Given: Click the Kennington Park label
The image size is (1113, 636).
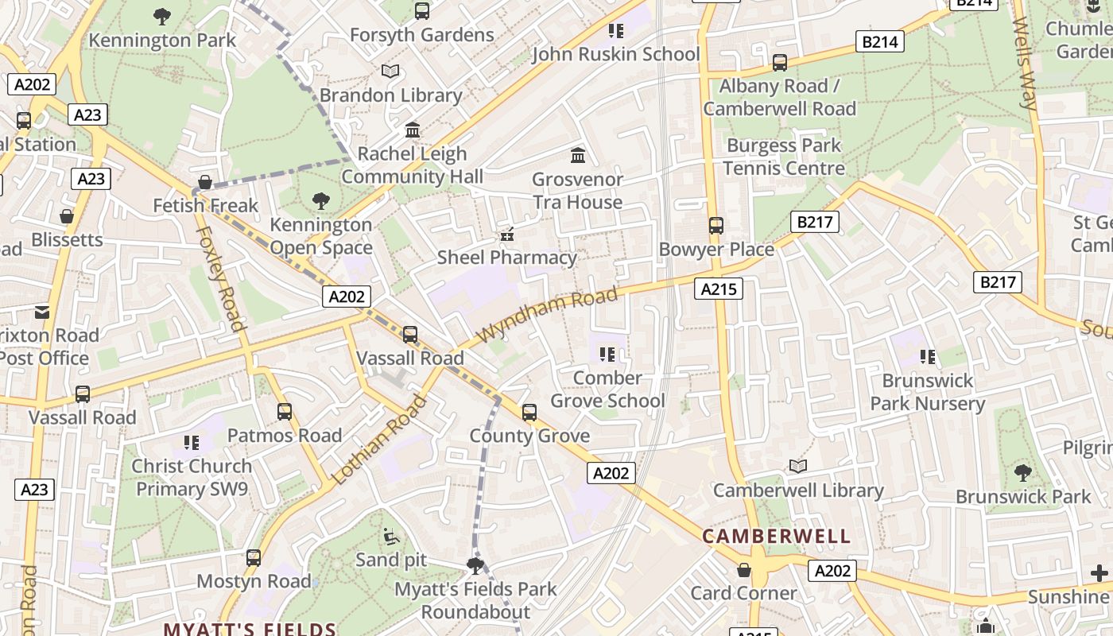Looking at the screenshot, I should (162, 40).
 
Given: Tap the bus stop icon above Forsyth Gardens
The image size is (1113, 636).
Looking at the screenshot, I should (422, 11).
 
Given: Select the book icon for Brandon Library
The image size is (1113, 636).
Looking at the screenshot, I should (390, 72).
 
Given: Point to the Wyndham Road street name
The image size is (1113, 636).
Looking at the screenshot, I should (549, 315).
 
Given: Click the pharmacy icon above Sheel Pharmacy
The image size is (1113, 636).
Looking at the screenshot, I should (506, 235).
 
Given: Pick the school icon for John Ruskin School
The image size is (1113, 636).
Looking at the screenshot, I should (616, 31).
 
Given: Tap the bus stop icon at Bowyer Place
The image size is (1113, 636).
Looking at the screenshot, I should (716, 226).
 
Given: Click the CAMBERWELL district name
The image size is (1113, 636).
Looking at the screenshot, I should (777, 537).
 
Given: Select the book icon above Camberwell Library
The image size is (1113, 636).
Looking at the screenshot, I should (798, 467).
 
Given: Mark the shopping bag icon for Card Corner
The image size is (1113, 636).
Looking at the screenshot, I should (744, 570).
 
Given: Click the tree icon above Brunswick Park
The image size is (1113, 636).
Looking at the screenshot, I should (1023, 473).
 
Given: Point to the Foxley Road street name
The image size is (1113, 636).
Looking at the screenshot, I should (219, 278).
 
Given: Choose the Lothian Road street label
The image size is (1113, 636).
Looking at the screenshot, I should (379, 440).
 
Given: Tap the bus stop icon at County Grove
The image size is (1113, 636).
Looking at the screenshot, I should (529, 413).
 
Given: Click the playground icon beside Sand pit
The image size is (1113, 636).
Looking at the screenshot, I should (390, 537).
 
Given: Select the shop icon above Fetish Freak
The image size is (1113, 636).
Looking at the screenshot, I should (205, 182).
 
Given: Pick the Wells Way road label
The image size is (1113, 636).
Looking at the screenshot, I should (1024, 64).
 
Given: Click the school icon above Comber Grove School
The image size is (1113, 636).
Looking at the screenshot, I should (608, 355).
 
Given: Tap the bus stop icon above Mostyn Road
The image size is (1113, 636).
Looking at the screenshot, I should (254, 558).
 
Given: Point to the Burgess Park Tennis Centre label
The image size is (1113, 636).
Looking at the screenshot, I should (784, 157).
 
